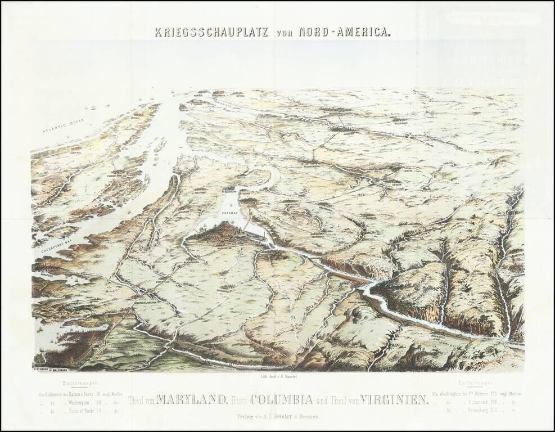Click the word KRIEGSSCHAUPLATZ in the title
[x=213, y=31]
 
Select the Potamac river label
[x=231, y=215]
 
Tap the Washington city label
[x=223, y=247]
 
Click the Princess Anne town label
[x=116, y=176]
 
